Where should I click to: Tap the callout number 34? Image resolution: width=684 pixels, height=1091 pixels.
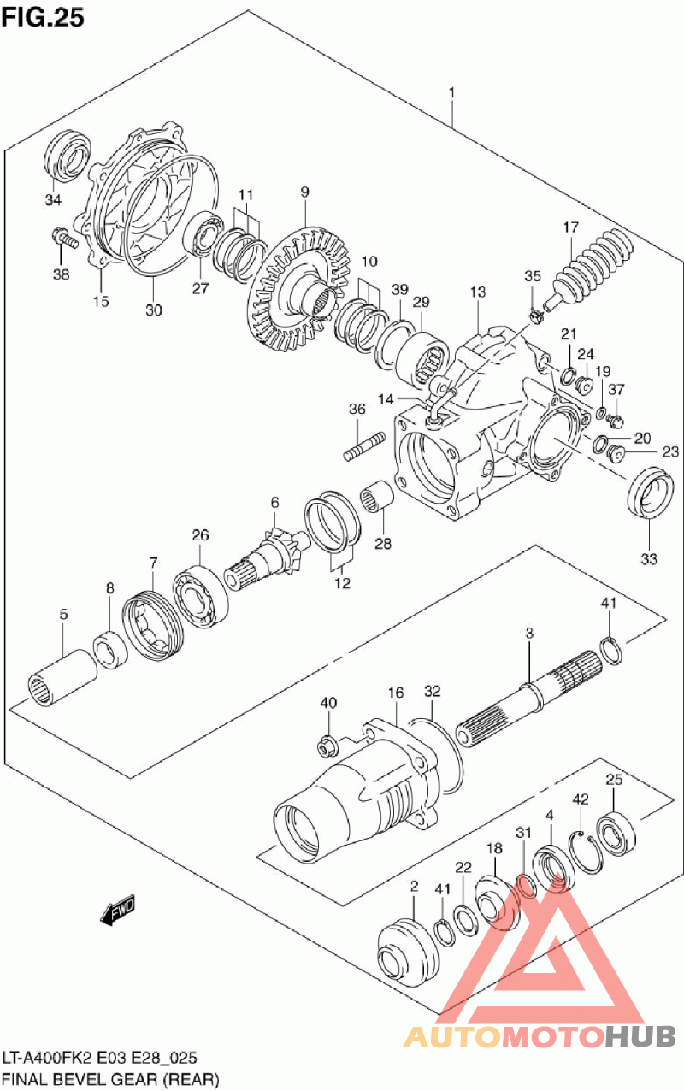tap(54, 201)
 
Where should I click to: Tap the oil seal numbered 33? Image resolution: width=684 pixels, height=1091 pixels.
tap(649, 494)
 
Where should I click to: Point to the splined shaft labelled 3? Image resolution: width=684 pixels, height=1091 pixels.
tap(530, 693)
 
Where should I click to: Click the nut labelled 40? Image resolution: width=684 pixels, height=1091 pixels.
tap(326, 745)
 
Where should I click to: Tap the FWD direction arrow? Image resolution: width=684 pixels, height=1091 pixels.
tap(118, 911)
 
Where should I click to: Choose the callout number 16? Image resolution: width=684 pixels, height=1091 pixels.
tap(396, 692)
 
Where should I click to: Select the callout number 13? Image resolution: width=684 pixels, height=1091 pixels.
tap(478, 293)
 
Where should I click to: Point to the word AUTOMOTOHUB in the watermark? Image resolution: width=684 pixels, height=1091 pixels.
tap(539, 1037)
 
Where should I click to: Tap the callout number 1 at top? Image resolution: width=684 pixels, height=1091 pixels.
tap(452, 92)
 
